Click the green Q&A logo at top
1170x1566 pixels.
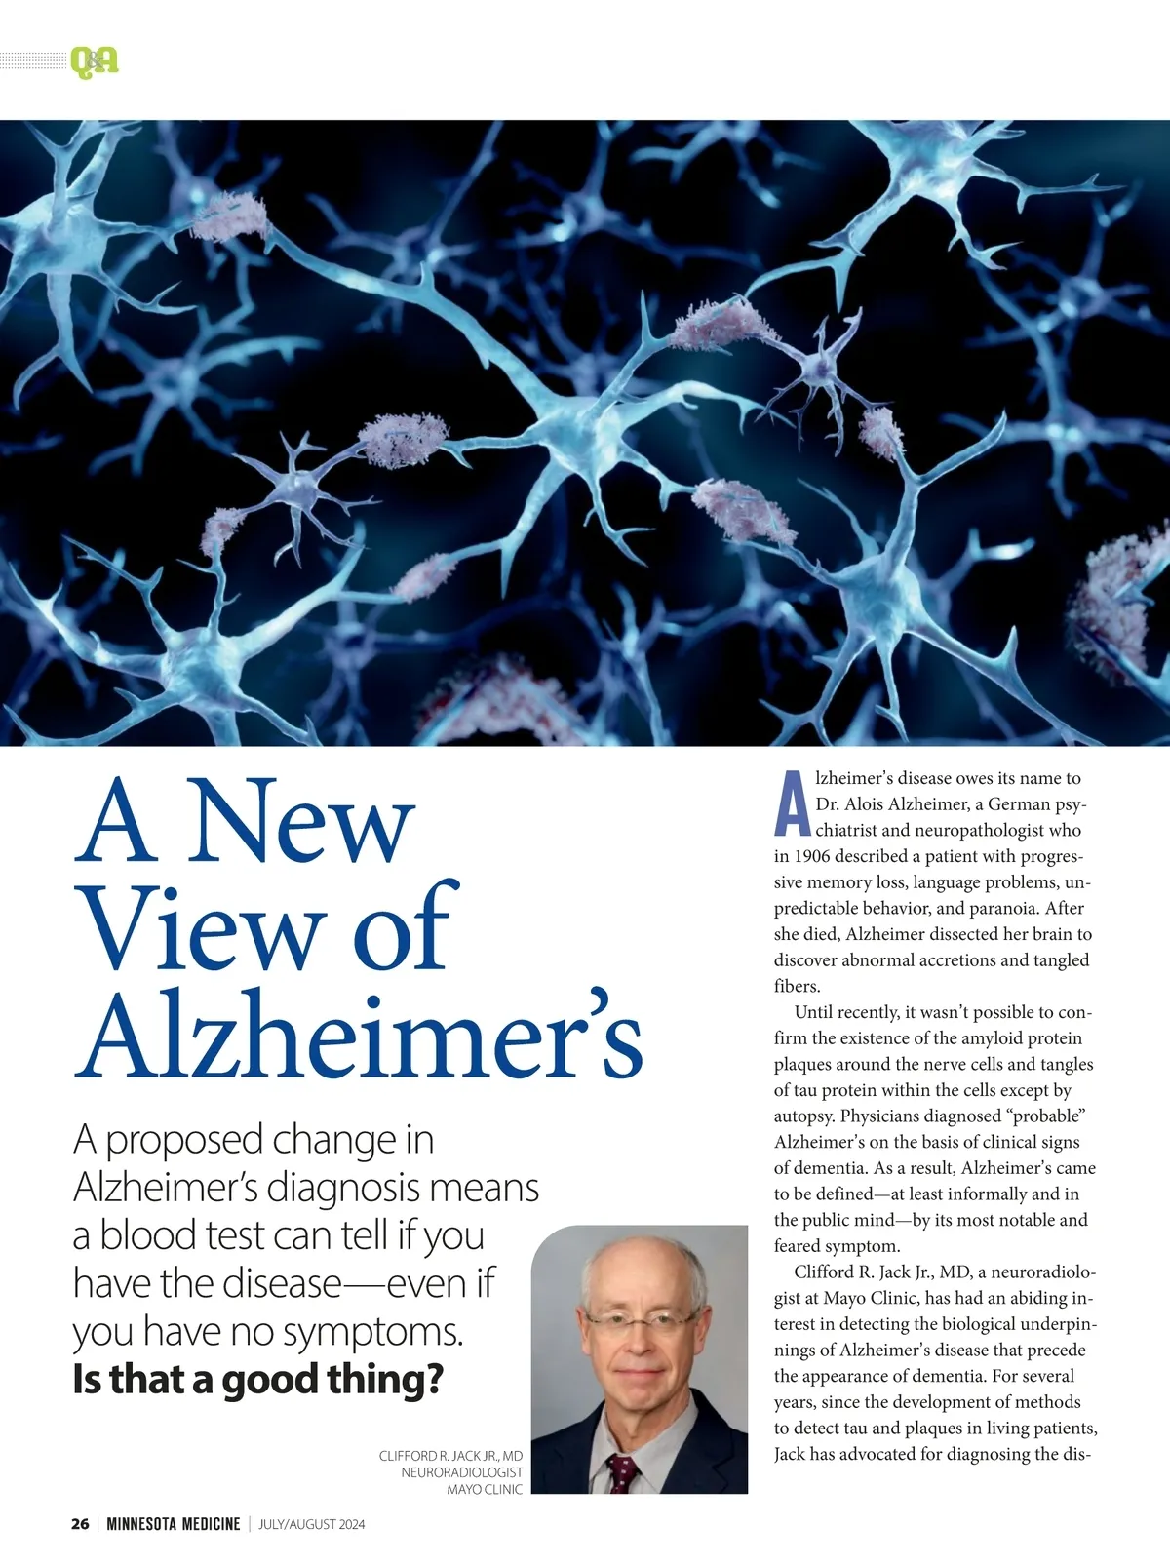coord(94,62)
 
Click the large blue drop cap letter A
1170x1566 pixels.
coord(792,804)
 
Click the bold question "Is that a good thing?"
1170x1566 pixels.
coord(257,1379)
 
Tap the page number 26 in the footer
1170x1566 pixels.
coord(80,1524)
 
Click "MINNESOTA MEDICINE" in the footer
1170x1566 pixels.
coord(173,1524)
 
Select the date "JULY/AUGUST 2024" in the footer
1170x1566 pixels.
coord(311,1524)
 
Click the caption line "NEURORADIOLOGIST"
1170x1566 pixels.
coord(461,1472)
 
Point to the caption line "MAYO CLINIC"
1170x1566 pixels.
coord(485,1489)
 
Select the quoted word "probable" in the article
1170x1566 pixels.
coord(1044,1116)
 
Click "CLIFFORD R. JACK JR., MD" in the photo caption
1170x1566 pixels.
coord(450,1456)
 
